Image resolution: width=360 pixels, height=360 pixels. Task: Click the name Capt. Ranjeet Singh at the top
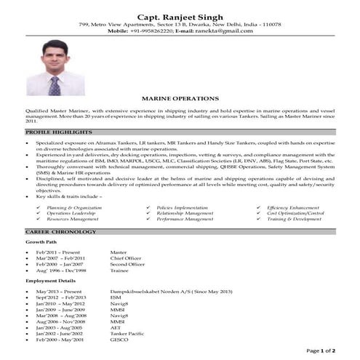point(180,14)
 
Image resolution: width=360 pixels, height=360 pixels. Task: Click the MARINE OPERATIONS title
point(180,96)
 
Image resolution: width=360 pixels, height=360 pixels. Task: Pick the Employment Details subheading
point(49,280)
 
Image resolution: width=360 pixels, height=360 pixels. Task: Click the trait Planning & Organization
point(71,207)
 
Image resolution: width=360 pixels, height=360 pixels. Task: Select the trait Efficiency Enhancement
point(292,207)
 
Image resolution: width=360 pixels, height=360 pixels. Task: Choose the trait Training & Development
point(294,218)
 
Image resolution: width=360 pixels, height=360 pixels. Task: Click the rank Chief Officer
point(127,258)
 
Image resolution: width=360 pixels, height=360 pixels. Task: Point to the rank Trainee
point(120,270)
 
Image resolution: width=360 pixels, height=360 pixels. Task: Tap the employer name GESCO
point(119,340)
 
